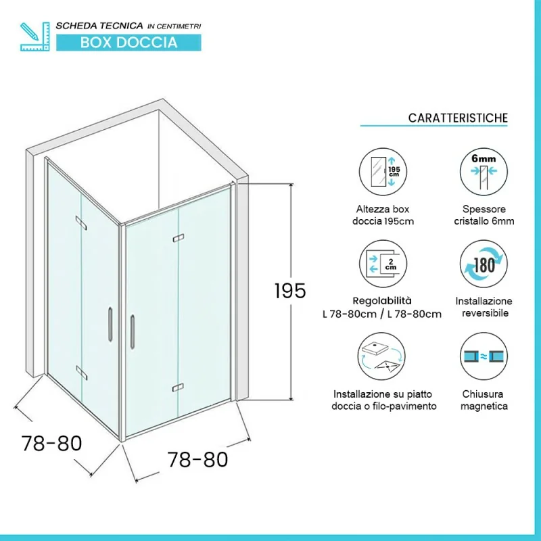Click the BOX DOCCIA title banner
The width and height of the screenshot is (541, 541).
point(128,43)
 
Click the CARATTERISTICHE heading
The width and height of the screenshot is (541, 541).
point(457,118)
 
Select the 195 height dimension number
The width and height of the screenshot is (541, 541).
point(290,290)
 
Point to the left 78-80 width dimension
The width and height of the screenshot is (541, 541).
point(51,444)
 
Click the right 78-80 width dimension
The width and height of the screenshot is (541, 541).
point(197,460)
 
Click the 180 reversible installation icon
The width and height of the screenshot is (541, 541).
point(484,264)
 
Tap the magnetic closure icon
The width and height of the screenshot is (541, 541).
point(484,360)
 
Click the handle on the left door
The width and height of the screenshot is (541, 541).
point(109,325)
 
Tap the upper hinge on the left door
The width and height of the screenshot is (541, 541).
point(81,222)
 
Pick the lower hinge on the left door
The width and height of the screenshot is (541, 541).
point(81,370)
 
